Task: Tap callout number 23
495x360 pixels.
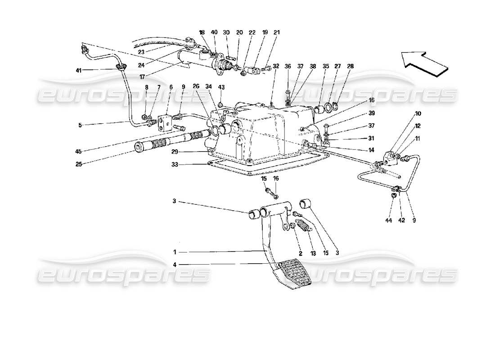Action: (142, 52)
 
